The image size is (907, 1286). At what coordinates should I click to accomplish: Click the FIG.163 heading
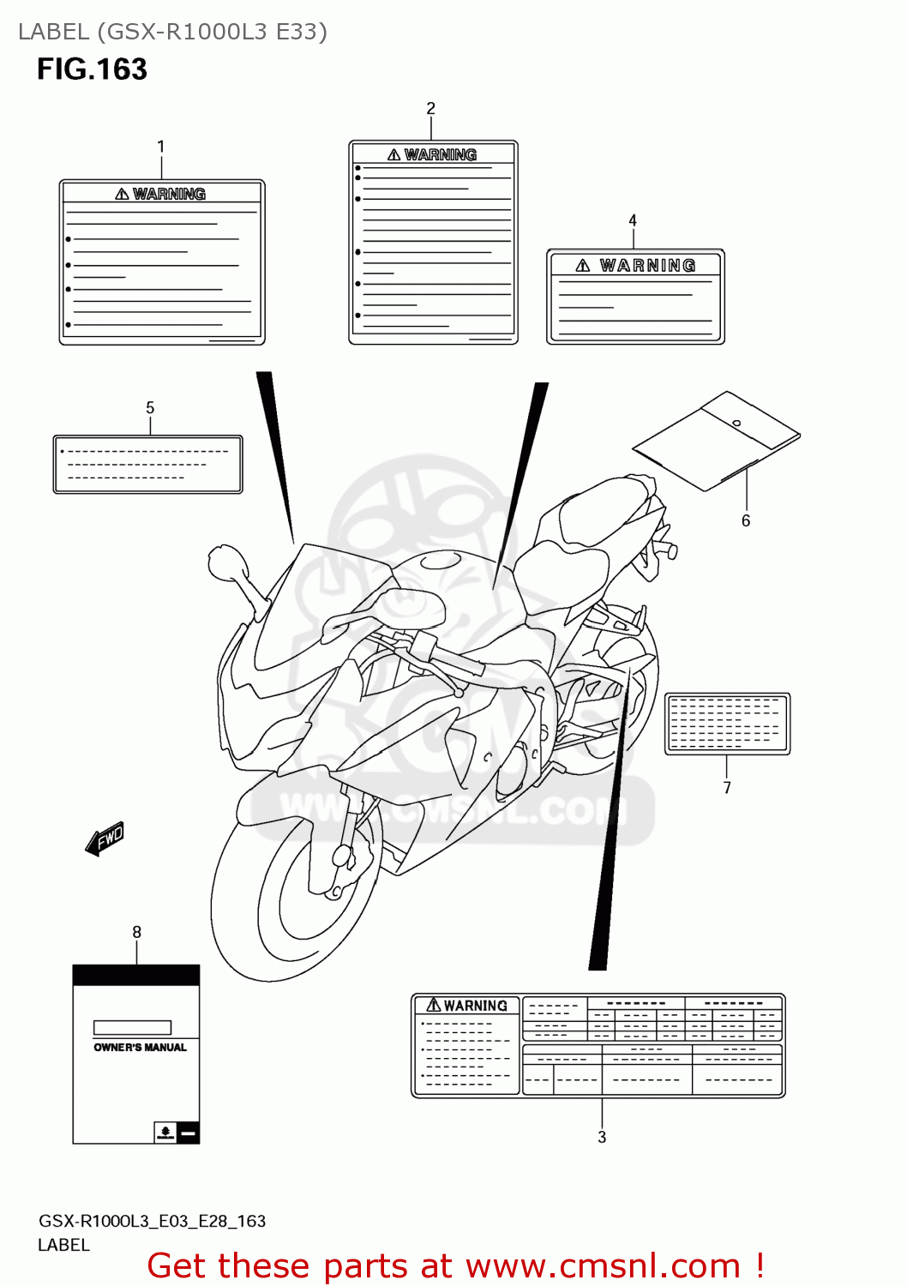tap(92, 69)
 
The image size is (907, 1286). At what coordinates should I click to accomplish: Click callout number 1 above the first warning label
tap(160, 147)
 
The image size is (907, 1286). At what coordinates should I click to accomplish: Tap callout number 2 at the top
tap(430, 108)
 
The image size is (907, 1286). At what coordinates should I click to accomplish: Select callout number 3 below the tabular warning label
tap(602, 1137)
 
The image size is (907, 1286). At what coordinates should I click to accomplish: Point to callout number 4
tap(633, 220)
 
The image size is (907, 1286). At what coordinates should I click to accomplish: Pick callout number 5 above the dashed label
tap(150, 408)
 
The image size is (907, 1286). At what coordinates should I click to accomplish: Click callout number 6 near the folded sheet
tap(746, 520)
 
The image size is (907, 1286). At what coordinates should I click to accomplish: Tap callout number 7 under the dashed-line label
tap(727, 788)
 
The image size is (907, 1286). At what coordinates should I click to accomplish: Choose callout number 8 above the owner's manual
tap(136, 932)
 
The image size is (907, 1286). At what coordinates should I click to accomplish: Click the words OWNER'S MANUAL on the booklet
tap(140, 1048)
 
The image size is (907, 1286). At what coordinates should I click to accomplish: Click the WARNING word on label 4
tap(647, 266)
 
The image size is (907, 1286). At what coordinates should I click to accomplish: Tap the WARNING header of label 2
tap(440, 155)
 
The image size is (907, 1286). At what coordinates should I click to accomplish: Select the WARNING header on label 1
tap(169, 195)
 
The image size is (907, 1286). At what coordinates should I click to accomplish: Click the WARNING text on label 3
tap(475, 1006)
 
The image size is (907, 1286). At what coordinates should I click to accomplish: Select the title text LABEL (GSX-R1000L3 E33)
tap(172, 32)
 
